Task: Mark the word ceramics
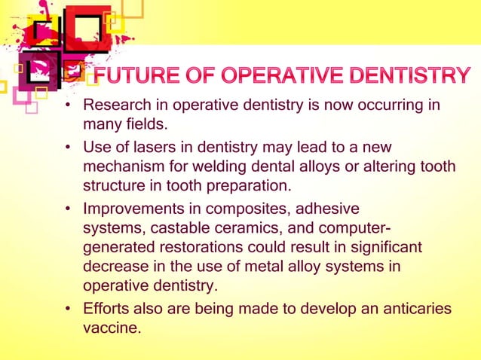click(x=244, y=227)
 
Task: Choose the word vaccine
click(x=111, y=328)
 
